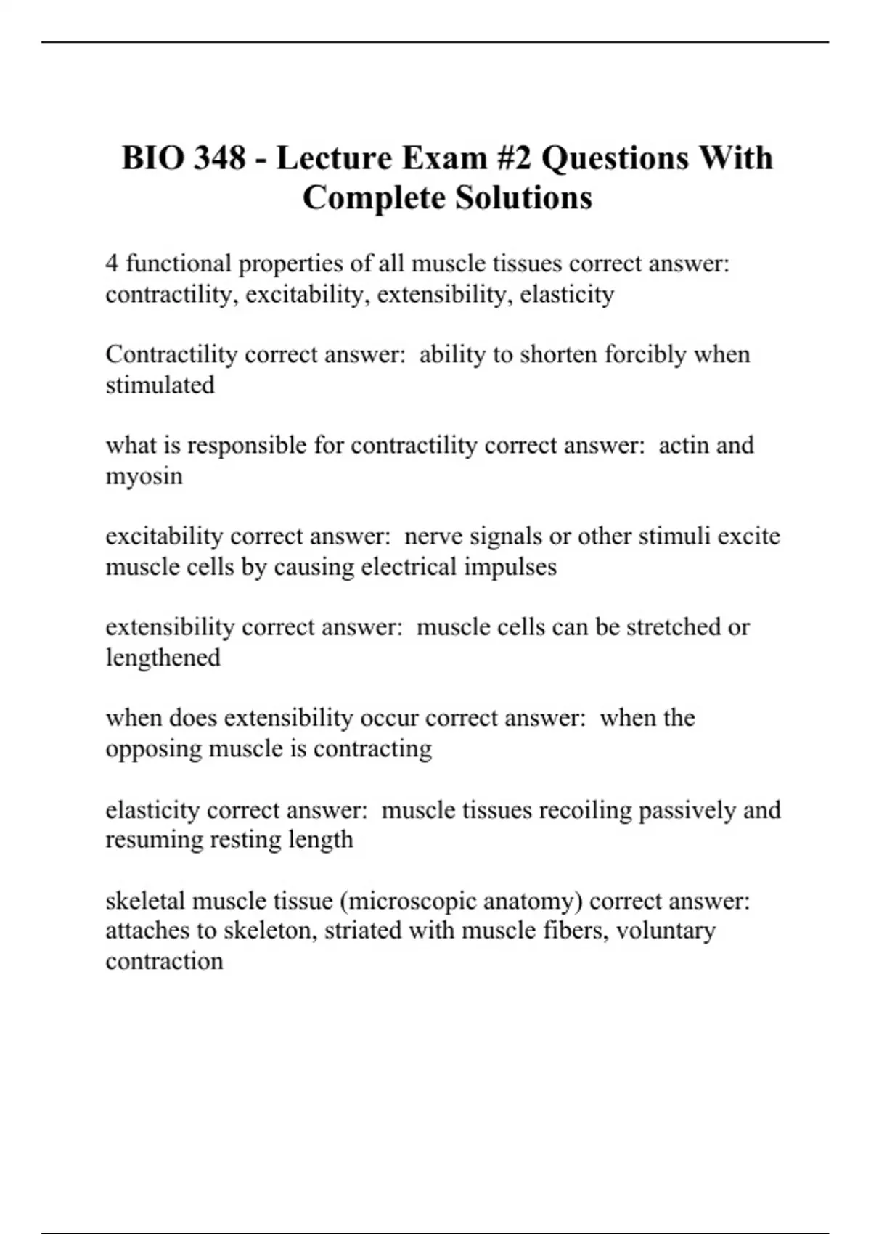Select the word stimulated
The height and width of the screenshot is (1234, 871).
[x=160, y=385]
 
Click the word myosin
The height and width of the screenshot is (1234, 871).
[x=144, y=477]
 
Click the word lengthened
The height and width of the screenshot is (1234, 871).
[x=163, y=658]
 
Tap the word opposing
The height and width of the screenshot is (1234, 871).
[x=153, y=748]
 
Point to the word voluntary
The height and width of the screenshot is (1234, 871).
[x=666, y=930]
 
